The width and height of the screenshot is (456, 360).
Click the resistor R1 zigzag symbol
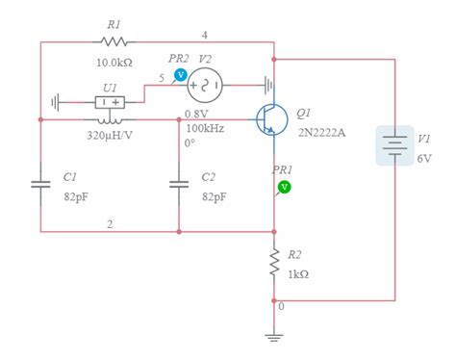pyautogui.click(x=114, y=41)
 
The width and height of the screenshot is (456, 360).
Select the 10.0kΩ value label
pyautogui.click(x=114, y=62)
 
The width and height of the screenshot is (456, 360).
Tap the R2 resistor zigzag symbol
pyautogui.click(x=274, y=264)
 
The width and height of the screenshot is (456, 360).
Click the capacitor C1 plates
pyautogui.click(x=40, y=185)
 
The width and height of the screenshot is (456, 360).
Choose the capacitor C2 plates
pyautogui.click(x=179, y=185)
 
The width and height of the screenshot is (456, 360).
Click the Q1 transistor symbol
pyautogui.click(x=270, y=119)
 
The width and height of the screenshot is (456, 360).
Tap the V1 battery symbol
pyautogui.click(x=394, y=144)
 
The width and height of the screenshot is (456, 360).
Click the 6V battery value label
pyautogui.click(x=424, y=157)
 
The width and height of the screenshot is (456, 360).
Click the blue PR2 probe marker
pyautogui.click(x=180, y=74)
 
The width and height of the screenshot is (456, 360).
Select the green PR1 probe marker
pyautogui.click(x=284, y=186)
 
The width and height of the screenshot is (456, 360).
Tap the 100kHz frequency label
pyautogui.click(x=206, y=128)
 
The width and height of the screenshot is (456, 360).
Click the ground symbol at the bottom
pyautogui.click(x=274, y=336)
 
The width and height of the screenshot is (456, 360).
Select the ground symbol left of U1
pyautogui.click(x=56, y=101)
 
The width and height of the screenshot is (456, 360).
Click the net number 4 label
pyautogui.click(x=204, y=35)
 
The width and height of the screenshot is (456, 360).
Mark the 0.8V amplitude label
pyautogui.click(x=195, y=114)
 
